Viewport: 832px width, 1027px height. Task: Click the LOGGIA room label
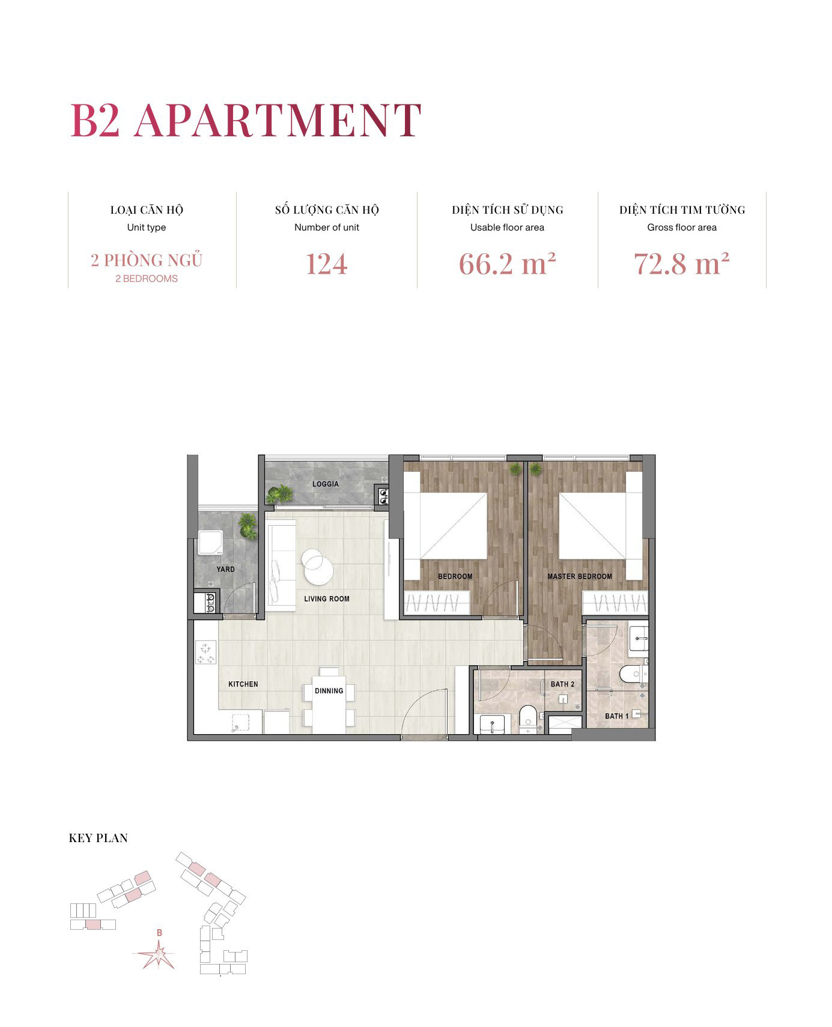click(x=326, y=484)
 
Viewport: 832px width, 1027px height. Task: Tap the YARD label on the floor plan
click(x=226, y=569)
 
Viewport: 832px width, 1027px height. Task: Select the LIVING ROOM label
click(x=326, y=598)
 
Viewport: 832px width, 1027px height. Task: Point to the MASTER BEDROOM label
click(x=579, y=576)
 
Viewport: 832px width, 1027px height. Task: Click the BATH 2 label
click(x=562, y=684)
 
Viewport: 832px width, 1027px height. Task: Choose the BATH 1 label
click(x=616, y=716)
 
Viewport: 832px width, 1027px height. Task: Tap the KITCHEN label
click(x=243, y=684)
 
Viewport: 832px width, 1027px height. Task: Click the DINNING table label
click(x=329, y=691)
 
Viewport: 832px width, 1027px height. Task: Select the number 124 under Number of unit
click(x=326, y=264)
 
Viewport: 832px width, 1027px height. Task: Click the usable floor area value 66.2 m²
click(x=507, y=264)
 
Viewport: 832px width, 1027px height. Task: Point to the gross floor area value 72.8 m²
click(x=682, y=264)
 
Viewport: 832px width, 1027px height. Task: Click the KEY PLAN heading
click(x=99, y=839)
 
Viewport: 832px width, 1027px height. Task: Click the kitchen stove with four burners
click(x=206, y=652)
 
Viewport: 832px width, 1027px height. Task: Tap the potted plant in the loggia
click(x=279, y=494)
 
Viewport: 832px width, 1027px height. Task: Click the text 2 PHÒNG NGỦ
click(x=147, y=261)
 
